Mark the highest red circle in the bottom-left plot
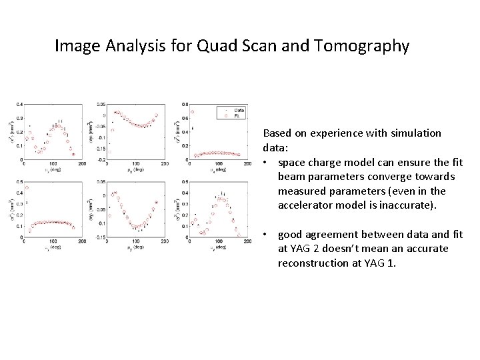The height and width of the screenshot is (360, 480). point(27,187)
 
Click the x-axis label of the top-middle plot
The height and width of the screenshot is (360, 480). point(137,170)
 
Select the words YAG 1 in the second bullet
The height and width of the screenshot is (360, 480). point(384,262)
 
